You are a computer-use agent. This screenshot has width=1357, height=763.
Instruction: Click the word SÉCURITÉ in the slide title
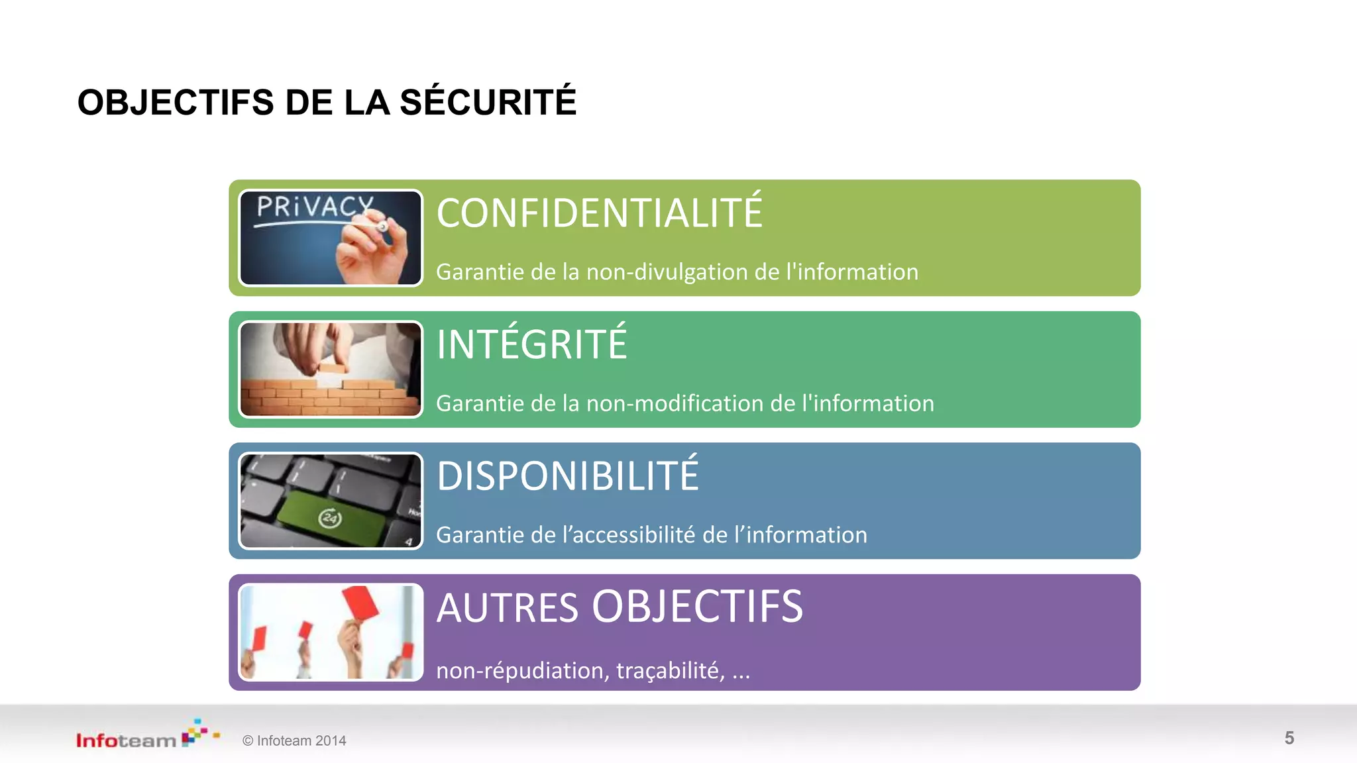pos(488,103)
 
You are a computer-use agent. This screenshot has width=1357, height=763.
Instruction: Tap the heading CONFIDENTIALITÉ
pos(599,213)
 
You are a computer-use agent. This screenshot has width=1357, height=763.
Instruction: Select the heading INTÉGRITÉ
pos(531,344)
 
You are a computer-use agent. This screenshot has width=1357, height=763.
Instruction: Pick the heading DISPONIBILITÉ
pos(567,476)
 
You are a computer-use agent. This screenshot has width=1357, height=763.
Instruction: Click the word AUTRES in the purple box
pos(508,608)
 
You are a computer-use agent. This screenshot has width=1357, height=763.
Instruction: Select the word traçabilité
pos(670,671)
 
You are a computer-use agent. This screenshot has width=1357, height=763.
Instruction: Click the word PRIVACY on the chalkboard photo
pos(315,207)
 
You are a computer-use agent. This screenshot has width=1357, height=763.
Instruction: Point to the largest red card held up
pos(360,603)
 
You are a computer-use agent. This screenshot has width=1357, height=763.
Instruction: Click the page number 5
pos(1289,738)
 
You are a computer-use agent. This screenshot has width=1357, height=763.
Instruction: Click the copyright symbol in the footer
pos(248,741)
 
